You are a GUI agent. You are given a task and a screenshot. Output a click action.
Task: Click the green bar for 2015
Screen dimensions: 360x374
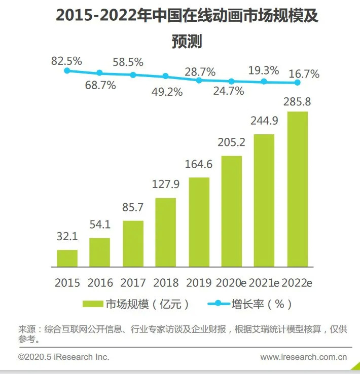[67, 258]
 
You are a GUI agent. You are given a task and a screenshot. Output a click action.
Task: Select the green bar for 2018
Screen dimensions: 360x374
[166, 232]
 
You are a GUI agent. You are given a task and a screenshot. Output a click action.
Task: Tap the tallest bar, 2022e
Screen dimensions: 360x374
[298, 189]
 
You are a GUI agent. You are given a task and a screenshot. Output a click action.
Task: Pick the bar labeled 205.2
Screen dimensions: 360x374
[232, 211]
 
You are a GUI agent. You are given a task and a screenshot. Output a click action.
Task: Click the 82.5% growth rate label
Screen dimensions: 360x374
[66, 61]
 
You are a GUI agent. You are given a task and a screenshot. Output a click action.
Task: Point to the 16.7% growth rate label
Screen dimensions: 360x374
[304, 74]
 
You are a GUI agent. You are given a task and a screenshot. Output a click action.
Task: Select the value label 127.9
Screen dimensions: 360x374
[166, 184]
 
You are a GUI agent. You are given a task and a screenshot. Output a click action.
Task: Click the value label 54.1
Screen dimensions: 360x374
[100, 225]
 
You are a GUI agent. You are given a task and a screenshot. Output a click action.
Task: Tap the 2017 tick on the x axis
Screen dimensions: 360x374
[133, 283]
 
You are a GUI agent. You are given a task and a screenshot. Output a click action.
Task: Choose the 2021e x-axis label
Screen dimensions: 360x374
[264, 283]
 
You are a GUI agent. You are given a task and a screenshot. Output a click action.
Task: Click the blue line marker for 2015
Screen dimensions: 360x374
[67, 70]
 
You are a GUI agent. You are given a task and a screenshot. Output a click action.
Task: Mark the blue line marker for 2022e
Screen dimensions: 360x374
[298, 83]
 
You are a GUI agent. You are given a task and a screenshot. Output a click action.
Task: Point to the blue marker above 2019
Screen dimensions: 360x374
[199, 81]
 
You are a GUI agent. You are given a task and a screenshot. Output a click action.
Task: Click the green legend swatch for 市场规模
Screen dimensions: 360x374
[93, 304]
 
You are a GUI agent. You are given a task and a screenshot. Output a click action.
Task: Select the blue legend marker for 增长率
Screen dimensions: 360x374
[219, 304]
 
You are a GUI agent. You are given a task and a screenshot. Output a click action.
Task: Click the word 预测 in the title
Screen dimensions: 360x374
[187, 41]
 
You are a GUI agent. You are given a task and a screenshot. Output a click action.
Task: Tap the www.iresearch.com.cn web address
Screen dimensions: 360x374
[303, 357]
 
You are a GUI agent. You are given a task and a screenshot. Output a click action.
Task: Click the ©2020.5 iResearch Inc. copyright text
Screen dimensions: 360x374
[64, 357]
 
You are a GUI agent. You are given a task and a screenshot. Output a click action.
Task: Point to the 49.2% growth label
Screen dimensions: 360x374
[167, 92]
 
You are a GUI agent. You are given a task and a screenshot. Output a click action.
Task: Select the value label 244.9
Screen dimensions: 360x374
[264, 121]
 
